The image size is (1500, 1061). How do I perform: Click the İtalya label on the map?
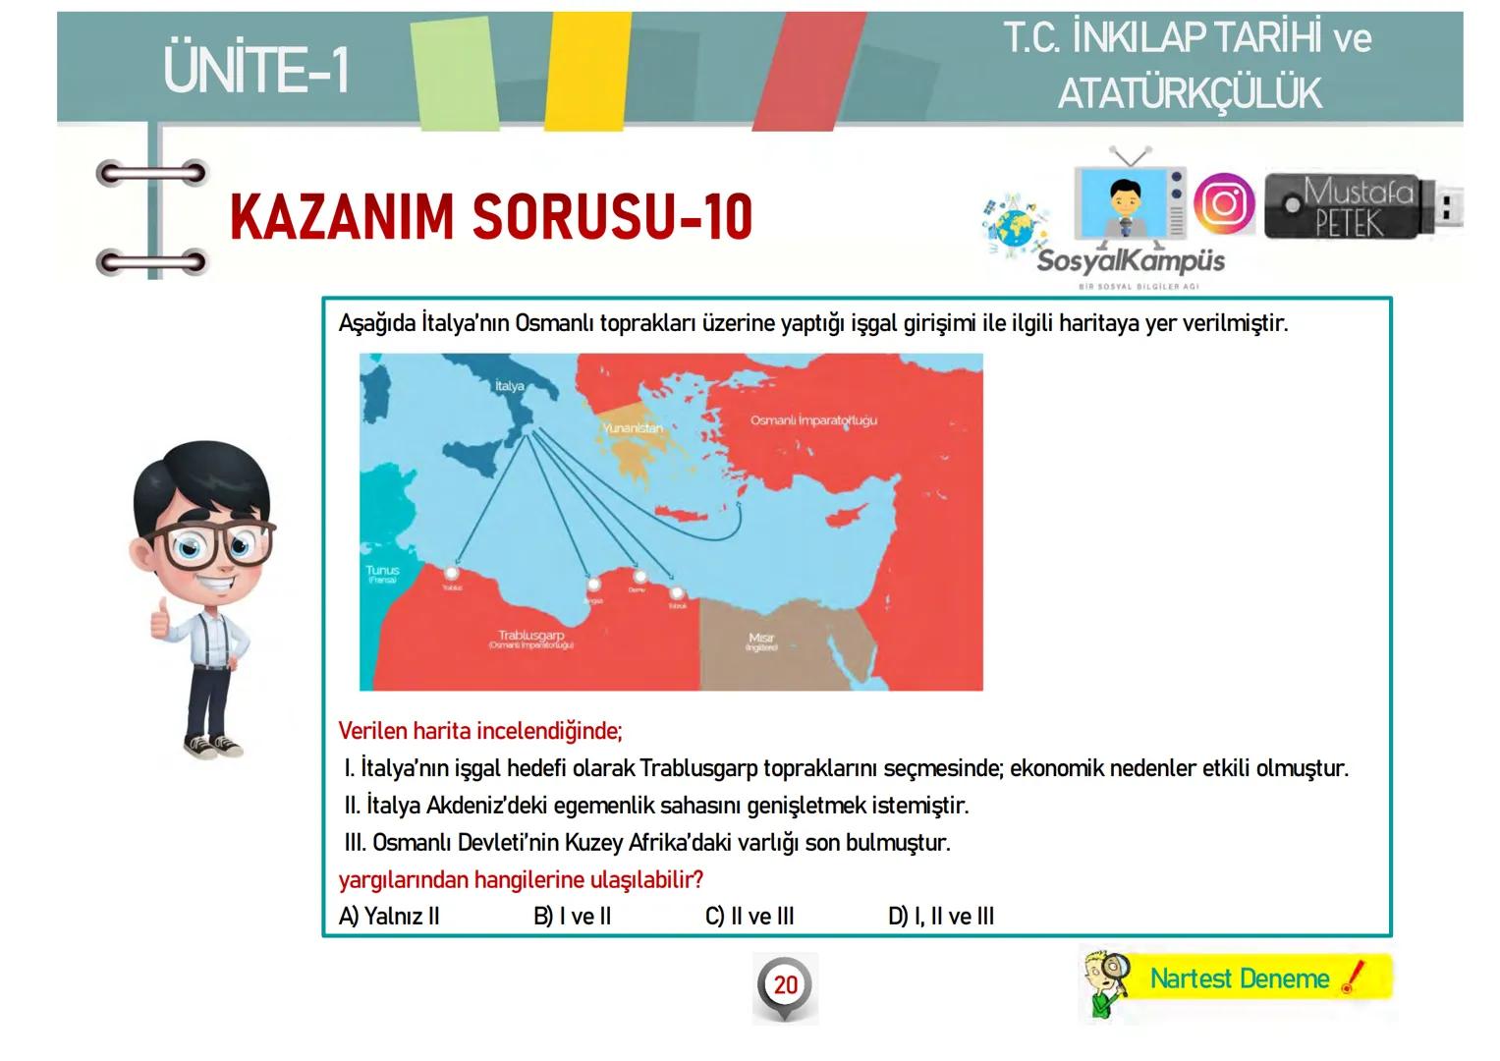[x=509, y=386]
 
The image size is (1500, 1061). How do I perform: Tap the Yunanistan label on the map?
[x=632, y=428]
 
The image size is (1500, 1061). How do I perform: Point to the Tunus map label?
[x=382, y=573]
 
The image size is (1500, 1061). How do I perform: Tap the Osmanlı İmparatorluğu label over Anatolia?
[x=813, y=420]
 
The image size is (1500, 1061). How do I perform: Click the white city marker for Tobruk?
[x=676, y=593]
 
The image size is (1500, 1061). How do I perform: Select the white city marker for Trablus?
[x=452, y=574]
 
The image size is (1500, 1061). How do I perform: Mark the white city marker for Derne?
[x=639, y=578]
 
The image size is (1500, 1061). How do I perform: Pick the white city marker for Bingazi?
[x=593, y=585]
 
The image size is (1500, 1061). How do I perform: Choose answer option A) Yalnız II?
[x=389, y=917]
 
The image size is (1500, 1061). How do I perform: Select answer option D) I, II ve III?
[x=941, y=917]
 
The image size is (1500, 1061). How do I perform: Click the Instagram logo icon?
[x=1223, y=203]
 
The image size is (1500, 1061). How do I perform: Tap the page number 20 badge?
[x=785, y=985]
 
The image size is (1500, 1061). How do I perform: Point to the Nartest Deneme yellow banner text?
[x=1239, y=979]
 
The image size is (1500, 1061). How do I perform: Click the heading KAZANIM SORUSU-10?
[x=491, y=218]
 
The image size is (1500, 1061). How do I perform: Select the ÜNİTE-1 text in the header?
[x=256, y=71]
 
